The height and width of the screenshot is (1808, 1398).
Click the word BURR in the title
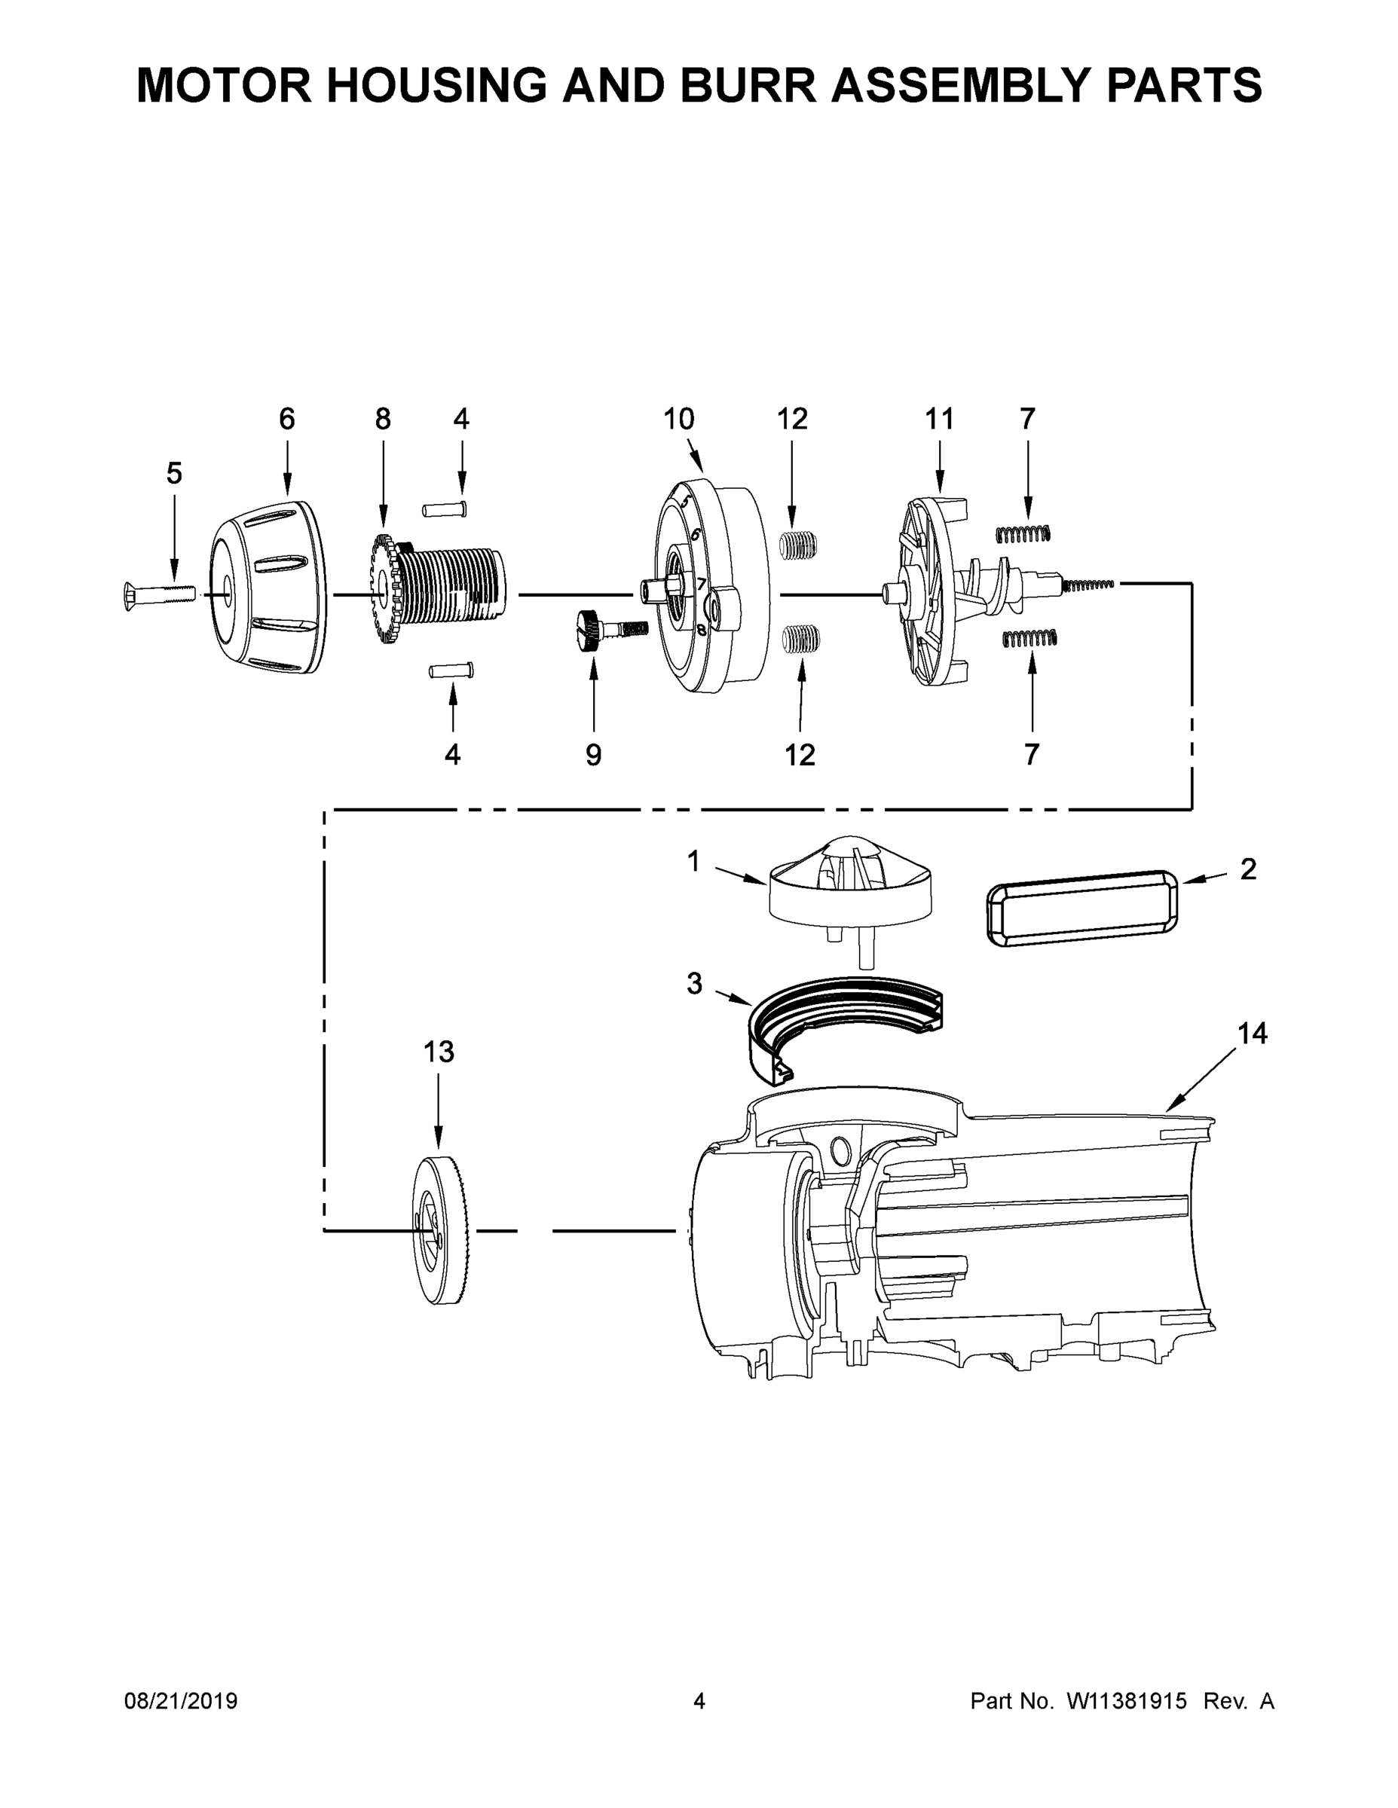(751, 84)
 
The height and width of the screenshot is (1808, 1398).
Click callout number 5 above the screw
(174, 474)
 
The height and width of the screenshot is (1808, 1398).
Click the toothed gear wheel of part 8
(383, 591)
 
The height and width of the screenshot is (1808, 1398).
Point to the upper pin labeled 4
(445, 509)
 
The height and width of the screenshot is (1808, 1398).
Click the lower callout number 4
(452, 754)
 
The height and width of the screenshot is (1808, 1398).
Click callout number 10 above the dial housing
(678, 419)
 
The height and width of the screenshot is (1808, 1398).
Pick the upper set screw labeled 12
(800, 546)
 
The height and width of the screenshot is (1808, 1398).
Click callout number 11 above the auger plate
(940, 419)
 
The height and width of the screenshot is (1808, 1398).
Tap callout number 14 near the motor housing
(1253, 1033)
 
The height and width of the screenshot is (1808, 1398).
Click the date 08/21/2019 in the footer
(181, 1701)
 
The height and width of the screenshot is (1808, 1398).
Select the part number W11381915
(1127, 1701)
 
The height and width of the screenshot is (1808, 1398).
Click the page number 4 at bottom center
(699, 1701)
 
